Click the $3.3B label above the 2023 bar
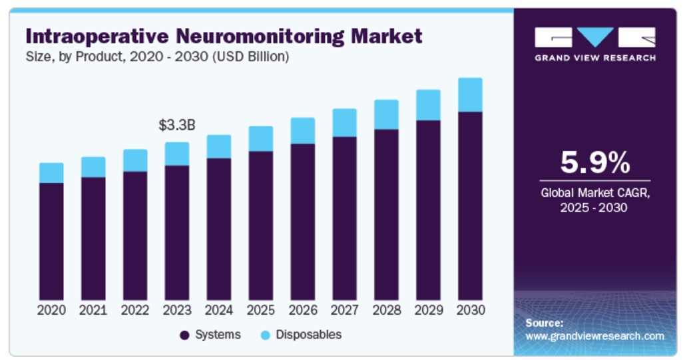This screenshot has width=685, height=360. [176, 125]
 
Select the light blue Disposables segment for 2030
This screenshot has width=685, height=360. [470, 94]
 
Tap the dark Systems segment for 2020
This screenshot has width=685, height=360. [51, 241]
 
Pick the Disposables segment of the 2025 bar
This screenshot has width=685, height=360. [260, 138]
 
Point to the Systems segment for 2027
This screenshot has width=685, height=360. [344, 218]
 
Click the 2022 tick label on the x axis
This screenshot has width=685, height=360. [135, 310]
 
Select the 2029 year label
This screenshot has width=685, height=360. [428, 310]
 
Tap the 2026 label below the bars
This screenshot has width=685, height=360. [302, 310]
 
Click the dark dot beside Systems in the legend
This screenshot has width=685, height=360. [184, 335]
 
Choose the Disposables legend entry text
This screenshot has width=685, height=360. [308, 335]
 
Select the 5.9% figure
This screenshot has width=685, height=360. [594, 162]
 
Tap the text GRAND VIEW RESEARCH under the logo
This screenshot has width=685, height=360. [594, 58]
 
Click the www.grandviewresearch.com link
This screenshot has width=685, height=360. [594, 336]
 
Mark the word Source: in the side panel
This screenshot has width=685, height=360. [544, 323]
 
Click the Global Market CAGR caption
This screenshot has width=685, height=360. [594, 194]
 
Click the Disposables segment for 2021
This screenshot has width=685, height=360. [93, 167]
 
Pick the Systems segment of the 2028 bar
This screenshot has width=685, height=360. [386, 214]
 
